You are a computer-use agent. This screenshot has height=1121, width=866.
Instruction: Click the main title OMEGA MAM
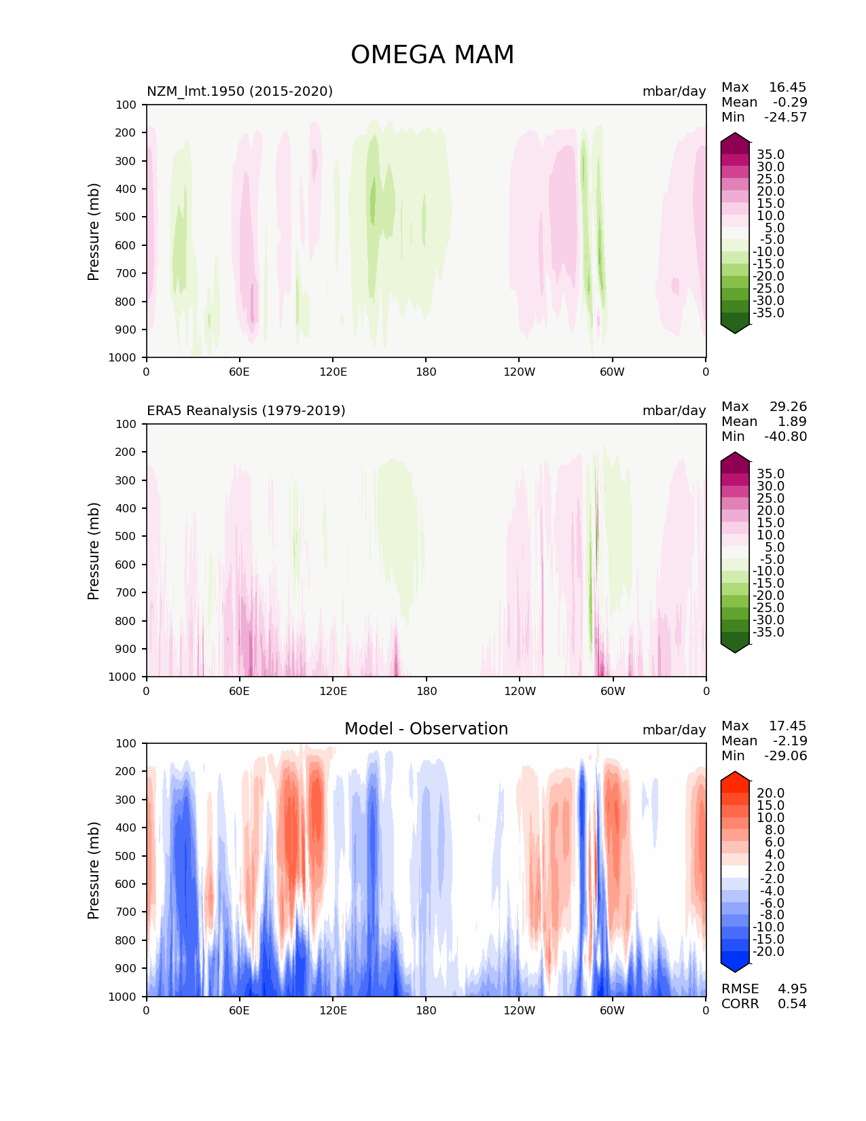click(x=432, y=55)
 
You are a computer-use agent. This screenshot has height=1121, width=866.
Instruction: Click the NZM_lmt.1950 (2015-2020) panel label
click(x=240, y=91)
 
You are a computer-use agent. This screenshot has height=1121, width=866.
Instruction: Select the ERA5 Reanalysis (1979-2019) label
click(x=246, y=410)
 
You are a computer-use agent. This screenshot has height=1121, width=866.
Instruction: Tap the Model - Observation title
click(x=426, y=729)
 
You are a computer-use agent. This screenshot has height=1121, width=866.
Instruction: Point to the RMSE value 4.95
click(x=792, y=989)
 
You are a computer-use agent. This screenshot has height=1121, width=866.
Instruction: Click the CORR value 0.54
click(x=792, y=1003)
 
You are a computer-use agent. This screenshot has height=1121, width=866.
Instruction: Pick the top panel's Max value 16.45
click(x=787, y=87)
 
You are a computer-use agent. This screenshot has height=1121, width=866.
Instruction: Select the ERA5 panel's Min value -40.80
click(x=785, y=436)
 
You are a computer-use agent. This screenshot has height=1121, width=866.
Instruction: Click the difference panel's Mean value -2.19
click(x=790, y=741)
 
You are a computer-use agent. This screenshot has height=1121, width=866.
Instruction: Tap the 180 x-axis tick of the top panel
click(x=427, y=372)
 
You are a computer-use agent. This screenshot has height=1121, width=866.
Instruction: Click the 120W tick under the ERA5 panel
click(x=520, y=691)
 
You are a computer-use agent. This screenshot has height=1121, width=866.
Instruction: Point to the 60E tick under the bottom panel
click(x=239, y=1010)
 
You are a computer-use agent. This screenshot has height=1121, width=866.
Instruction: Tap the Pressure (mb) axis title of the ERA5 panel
click(x=94, y=550)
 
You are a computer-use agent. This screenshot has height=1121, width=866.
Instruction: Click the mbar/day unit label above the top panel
click(x=674, y=91)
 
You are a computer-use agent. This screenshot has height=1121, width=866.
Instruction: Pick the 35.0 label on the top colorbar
click(x=770, y=154)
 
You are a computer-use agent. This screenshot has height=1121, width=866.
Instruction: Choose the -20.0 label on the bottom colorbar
click(x=768, y=951)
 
